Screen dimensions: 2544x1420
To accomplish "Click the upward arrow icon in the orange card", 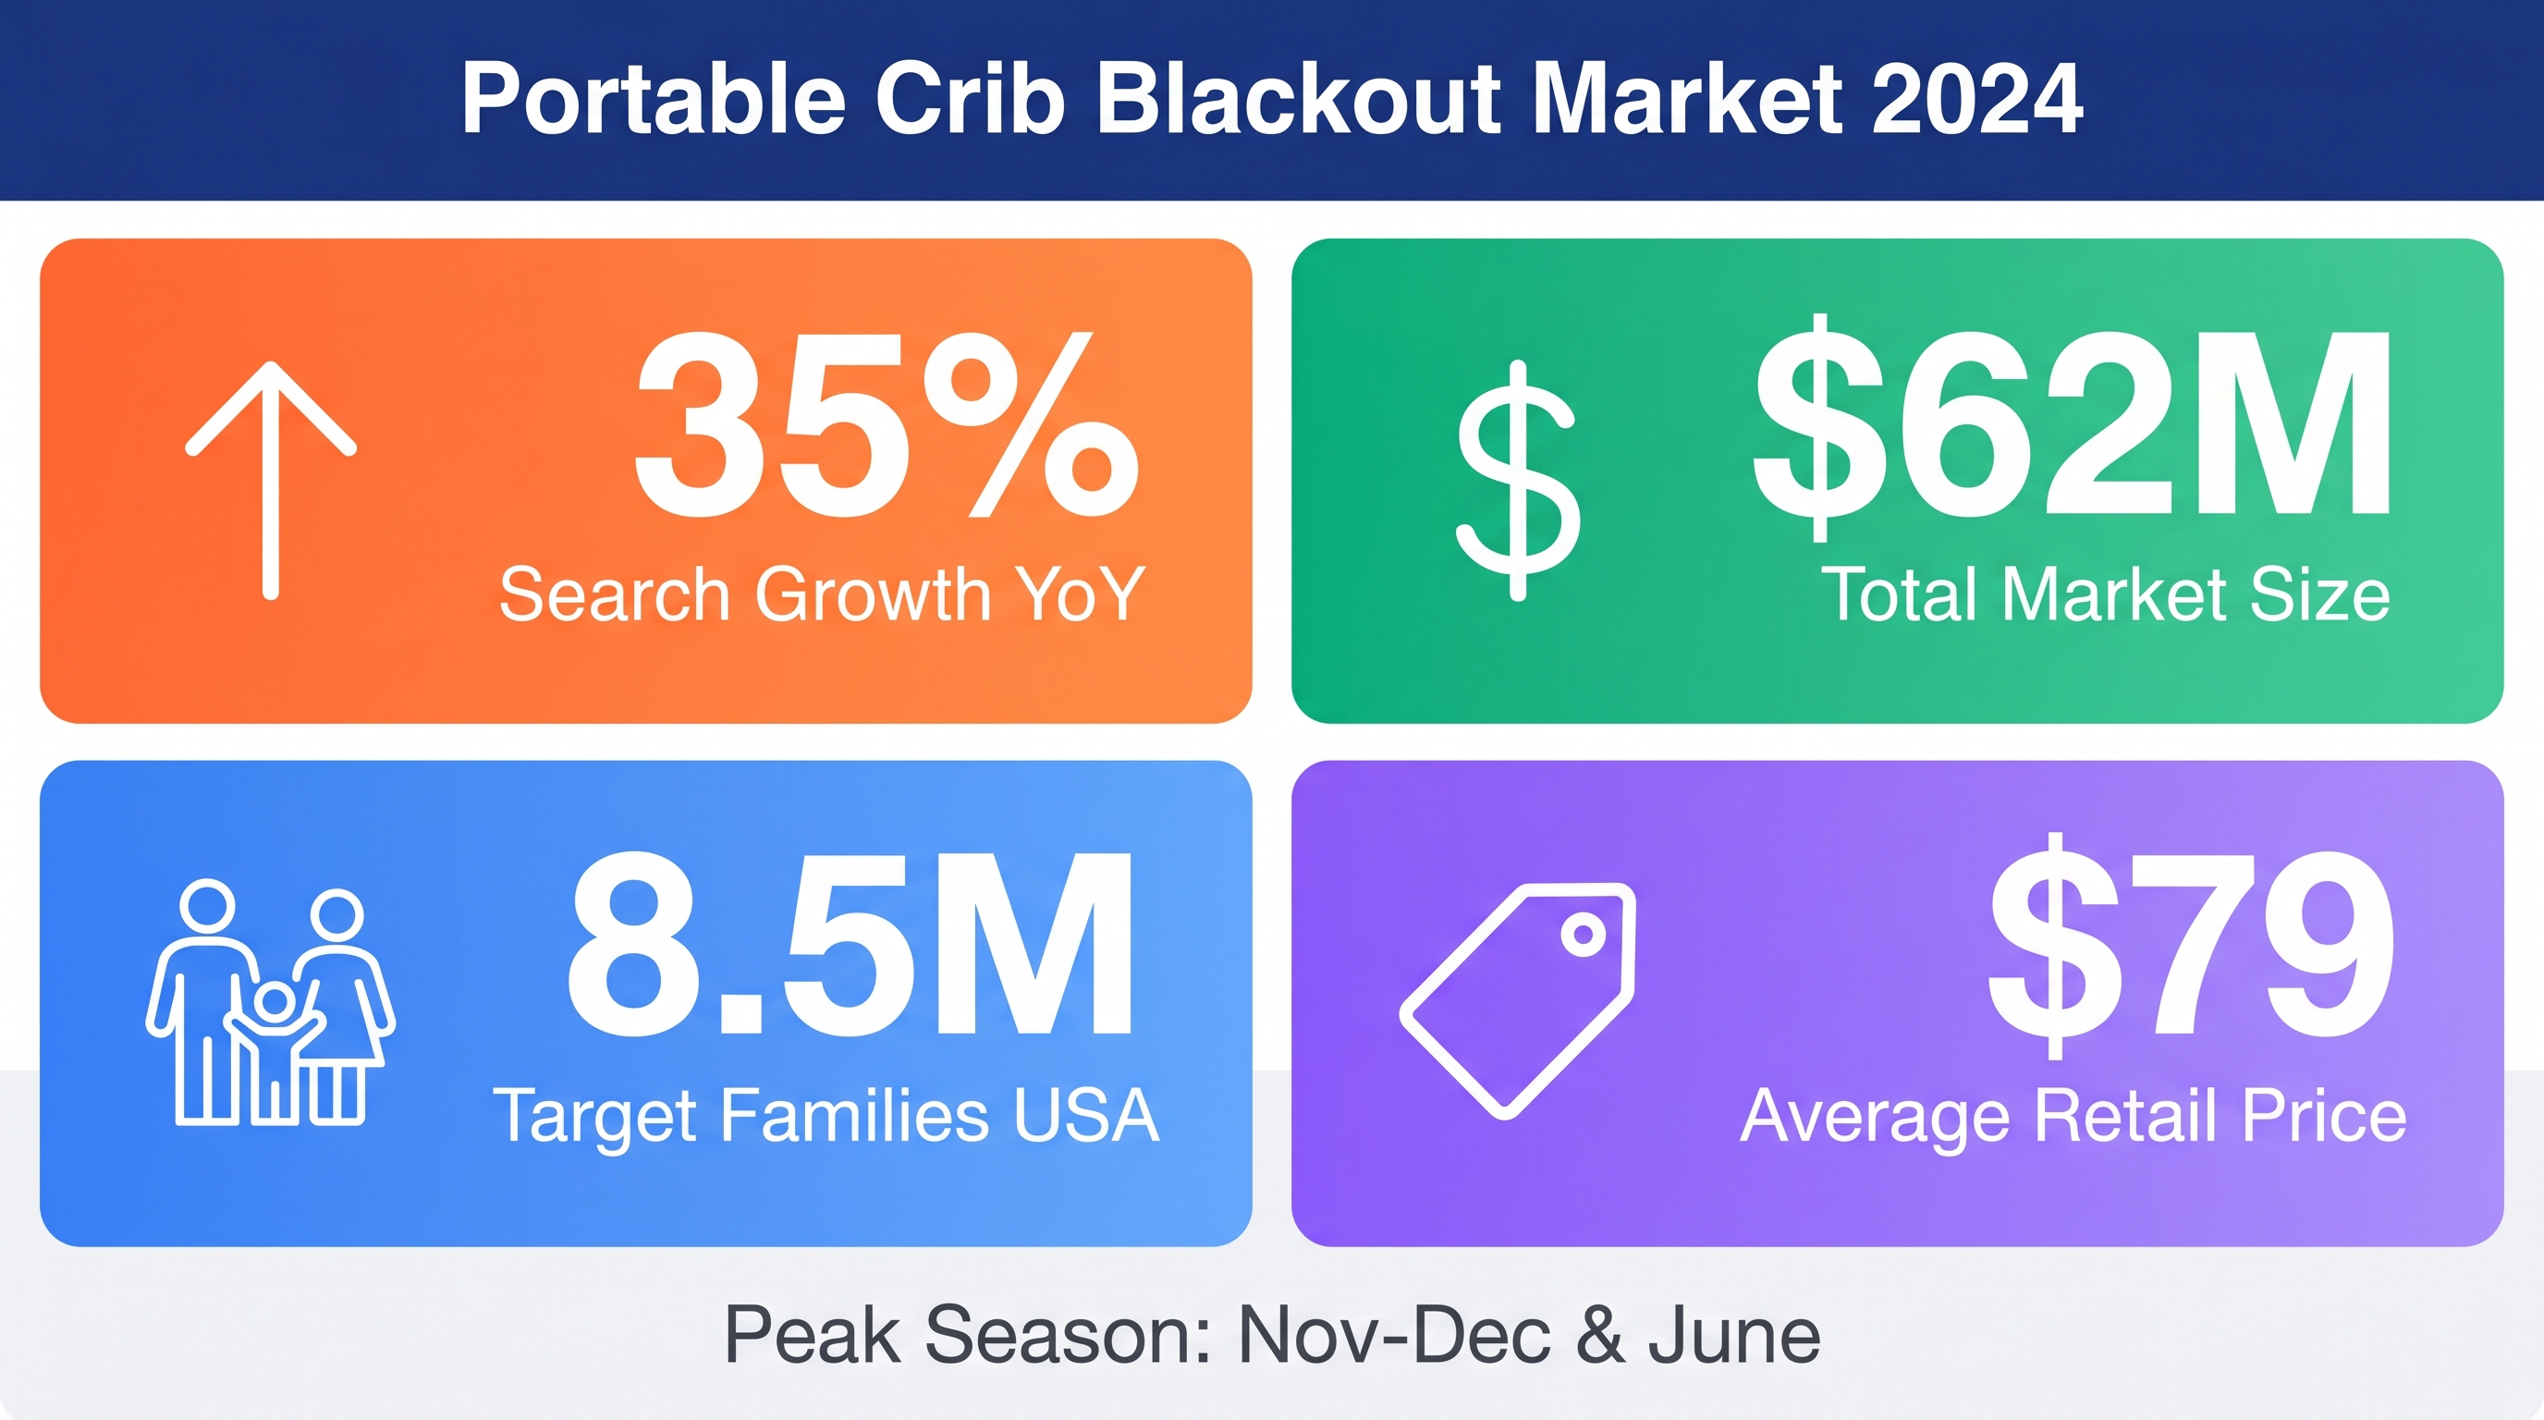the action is click(x=271, y=480).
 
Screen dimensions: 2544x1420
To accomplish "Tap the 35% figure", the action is click(x=886, y=424).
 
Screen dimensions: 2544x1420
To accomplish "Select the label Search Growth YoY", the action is click(x=822, y=594).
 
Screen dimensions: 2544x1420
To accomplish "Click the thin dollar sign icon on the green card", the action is click(x=1518, y=480).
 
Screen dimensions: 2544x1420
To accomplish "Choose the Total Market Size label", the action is click(x=2106, y=594).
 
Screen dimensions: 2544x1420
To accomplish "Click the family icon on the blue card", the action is click(x=271, y=1002).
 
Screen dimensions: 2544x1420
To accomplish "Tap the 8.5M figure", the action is click(x=851, y=944).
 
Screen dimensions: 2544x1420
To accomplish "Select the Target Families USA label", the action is click(x=826, y=1117).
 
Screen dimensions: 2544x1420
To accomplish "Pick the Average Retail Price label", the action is click(x=2073, y=1117).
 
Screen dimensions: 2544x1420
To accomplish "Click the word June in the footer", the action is click(x=1733, y=1335).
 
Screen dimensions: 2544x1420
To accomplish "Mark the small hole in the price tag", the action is click(x=1584, y=934).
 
